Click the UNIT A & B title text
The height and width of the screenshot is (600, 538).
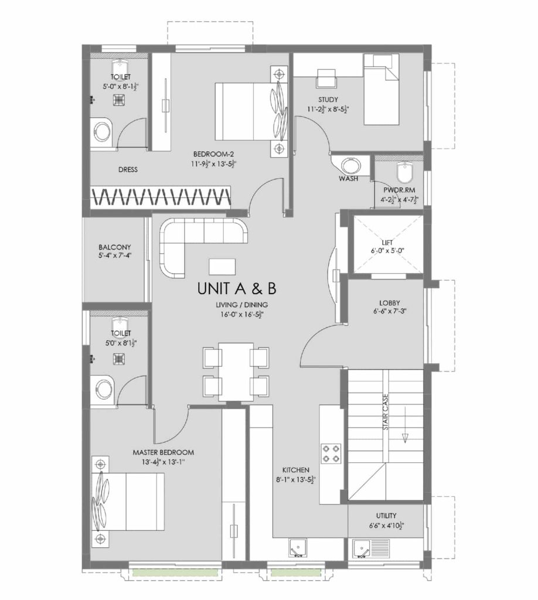pos(237,288)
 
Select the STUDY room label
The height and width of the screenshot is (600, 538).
pos(328,100)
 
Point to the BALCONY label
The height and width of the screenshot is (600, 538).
pos(115,247)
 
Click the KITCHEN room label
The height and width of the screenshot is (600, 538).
pos(295,470)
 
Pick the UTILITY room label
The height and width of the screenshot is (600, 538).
pos(387,515)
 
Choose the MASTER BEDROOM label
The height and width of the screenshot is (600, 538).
pos(163,452)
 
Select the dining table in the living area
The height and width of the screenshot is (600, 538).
pos(236,371)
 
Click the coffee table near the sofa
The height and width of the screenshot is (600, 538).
pos(223,266)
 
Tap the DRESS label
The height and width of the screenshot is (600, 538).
pos(128,170)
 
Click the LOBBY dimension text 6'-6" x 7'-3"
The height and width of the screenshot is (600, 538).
pos(389,312)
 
